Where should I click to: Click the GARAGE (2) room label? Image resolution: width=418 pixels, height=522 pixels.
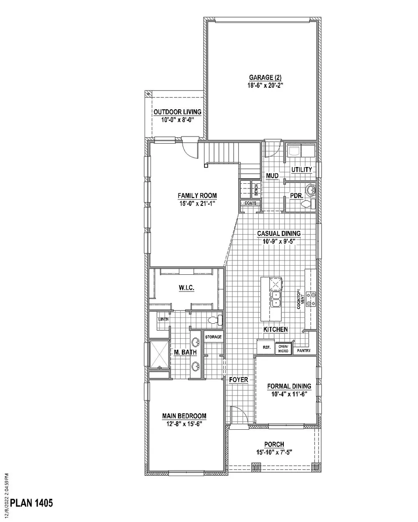pyautogui.click(x=265, y=78)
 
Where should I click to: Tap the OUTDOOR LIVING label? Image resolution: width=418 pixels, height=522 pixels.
pyautogui.click(x=178, y=112)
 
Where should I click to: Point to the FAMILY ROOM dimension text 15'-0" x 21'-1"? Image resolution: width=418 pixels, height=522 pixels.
pyautogui.click(x=197, y=203)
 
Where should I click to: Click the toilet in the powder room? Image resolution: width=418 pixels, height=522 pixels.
pyautogui.click(x=308, y=204)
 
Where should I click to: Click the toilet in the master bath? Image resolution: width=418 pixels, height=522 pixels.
pyautogui.click(x=215, y=320)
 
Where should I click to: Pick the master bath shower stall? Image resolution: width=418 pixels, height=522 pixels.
pyautogui.click(x=159, y=355)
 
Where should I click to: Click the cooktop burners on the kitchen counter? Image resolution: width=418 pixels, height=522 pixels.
pyautogui.click(x=311, y=299)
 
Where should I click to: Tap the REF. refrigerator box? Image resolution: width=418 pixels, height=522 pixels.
pyautogui.click(x=266, y=347)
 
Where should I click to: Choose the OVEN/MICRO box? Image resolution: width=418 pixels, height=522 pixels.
pyautogui.click(x=283, y=349)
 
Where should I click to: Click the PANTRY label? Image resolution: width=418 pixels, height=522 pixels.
pyautogui.click(x=304, y=350)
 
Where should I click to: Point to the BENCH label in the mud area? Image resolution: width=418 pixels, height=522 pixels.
pyautogui.click(x=256, y=190)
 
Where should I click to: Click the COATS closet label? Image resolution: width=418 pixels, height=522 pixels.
pyautogui.click(x=250, y=203)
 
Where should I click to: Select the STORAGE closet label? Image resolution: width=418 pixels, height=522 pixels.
pyautogui.click(x=213, y=337)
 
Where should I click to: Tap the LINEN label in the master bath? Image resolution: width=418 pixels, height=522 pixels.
pyautogui.click(x=163, y=319)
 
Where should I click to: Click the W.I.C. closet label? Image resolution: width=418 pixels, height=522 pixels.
pyautogui.click(x=186, y=288)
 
